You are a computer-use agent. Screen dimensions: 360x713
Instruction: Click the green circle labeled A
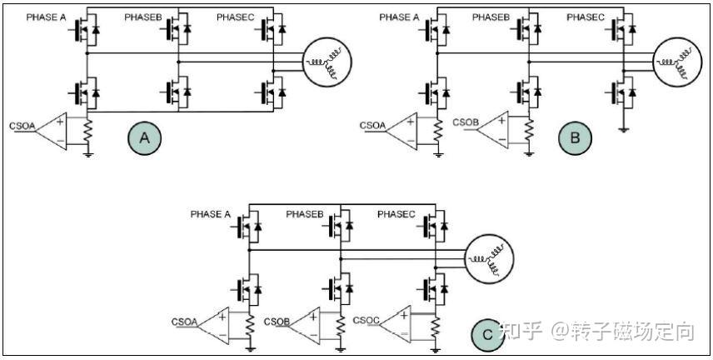143,137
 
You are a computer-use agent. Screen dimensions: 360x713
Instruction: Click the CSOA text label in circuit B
371,126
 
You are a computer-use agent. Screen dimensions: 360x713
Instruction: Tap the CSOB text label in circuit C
277,322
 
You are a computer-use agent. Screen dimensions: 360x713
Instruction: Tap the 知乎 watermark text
524,331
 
